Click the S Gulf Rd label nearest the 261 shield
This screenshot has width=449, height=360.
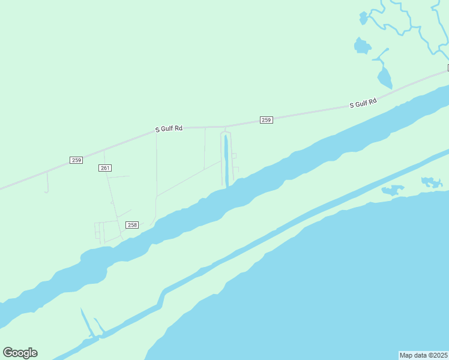pos(169,128)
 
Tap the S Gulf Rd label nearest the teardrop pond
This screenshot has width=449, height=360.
pos(363,104)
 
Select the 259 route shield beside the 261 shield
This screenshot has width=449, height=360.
pos(76,160)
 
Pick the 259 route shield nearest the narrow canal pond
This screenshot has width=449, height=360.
pos(267,120)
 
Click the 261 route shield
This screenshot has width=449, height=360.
pos(105,168)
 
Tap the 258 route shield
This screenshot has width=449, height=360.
pos(132,225)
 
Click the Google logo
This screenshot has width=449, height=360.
pos(20,353)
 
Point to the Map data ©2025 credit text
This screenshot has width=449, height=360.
pos(423,355)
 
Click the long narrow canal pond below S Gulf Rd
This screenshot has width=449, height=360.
pos(226,159)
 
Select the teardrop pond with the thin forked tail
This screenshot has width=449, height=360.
pos(384,76)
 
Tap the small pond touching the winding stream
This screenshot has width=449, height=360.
pos(363,19)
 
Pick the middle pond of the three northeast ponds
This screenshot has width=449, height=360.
pos(362,46)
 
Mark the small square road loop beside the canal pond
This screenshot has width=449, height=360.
pos(234,156)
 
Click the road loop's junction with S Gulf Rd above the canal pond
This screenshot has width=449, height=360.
pos(225,127)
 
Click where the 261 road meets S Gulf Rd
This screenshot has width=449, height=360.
pos(104,149)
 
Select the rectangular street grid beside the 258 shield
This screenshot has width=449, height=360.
pos(103,230)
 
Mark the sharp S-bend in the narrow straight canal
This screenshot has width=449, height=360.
pos(161,298)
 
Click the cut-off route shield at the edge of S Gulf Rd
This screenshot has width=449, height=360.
pos(447,67)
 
